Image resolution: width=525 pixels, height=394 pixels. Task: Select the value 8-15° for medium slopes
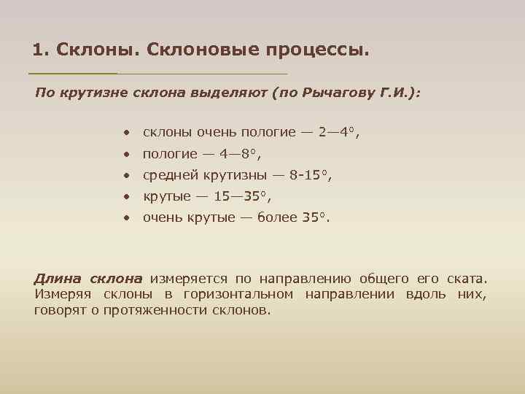pos(307,175)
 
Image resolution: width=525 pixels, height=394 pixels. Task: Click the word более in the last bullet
pos(277,217)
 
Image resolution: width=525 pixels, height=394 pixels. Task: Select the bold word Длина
pos(58,279)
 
